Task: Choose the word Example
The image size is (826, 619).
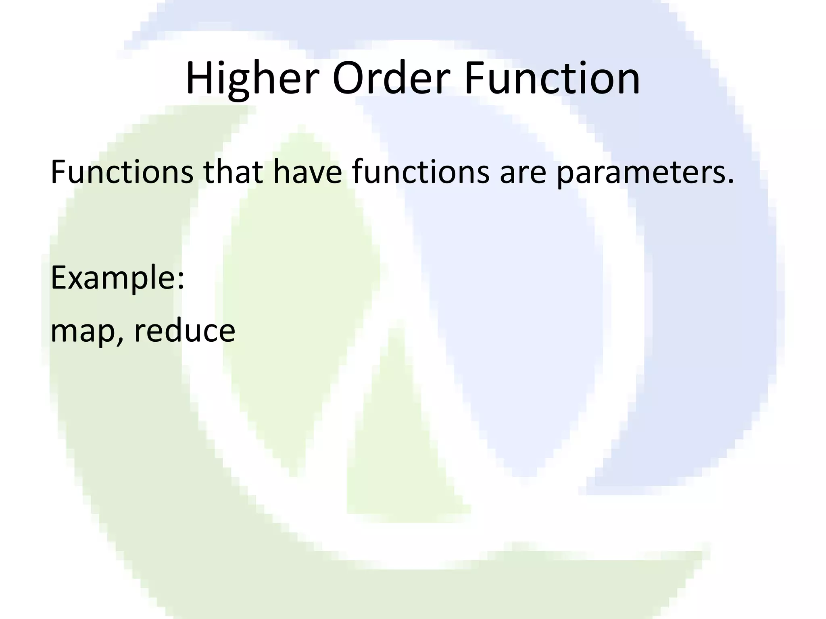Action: click(x=113, y=278)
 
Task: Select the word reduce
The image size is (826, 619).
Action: click(x=184, y=330)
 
